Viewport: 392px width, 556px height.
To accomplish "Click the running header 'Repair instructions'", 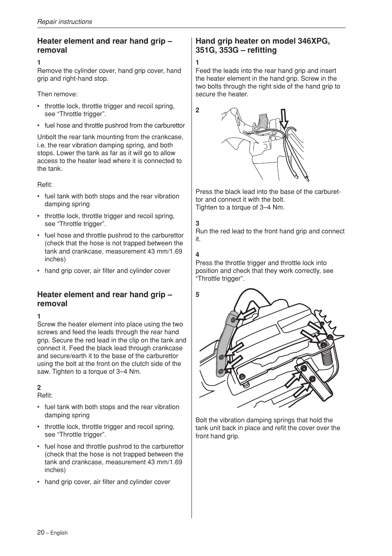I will point(65,22).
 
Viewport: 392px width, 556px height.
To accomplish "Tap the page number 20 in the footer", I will point(41,532).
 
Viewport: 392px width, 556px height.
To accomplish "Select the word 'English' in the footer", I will point(59,533).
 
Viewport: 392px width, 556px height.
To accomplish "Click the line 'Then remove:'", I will point(57,94).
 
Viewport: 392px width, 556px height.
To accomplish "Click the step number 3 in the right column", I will point(197,223).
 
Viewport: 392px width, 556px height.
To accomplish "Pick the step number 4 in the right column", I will point(197,254).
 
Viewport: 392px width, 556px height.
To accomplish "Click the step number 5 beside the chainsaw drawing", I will point(197,295).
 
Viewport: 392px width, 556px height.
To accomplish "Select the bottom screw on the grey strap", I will point(221,372).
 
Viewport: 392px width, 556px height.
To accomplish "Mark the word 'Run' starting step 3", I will point(201,231).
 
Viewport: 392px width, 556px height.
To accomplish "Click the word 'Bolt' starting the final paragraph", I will point(201,420).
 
